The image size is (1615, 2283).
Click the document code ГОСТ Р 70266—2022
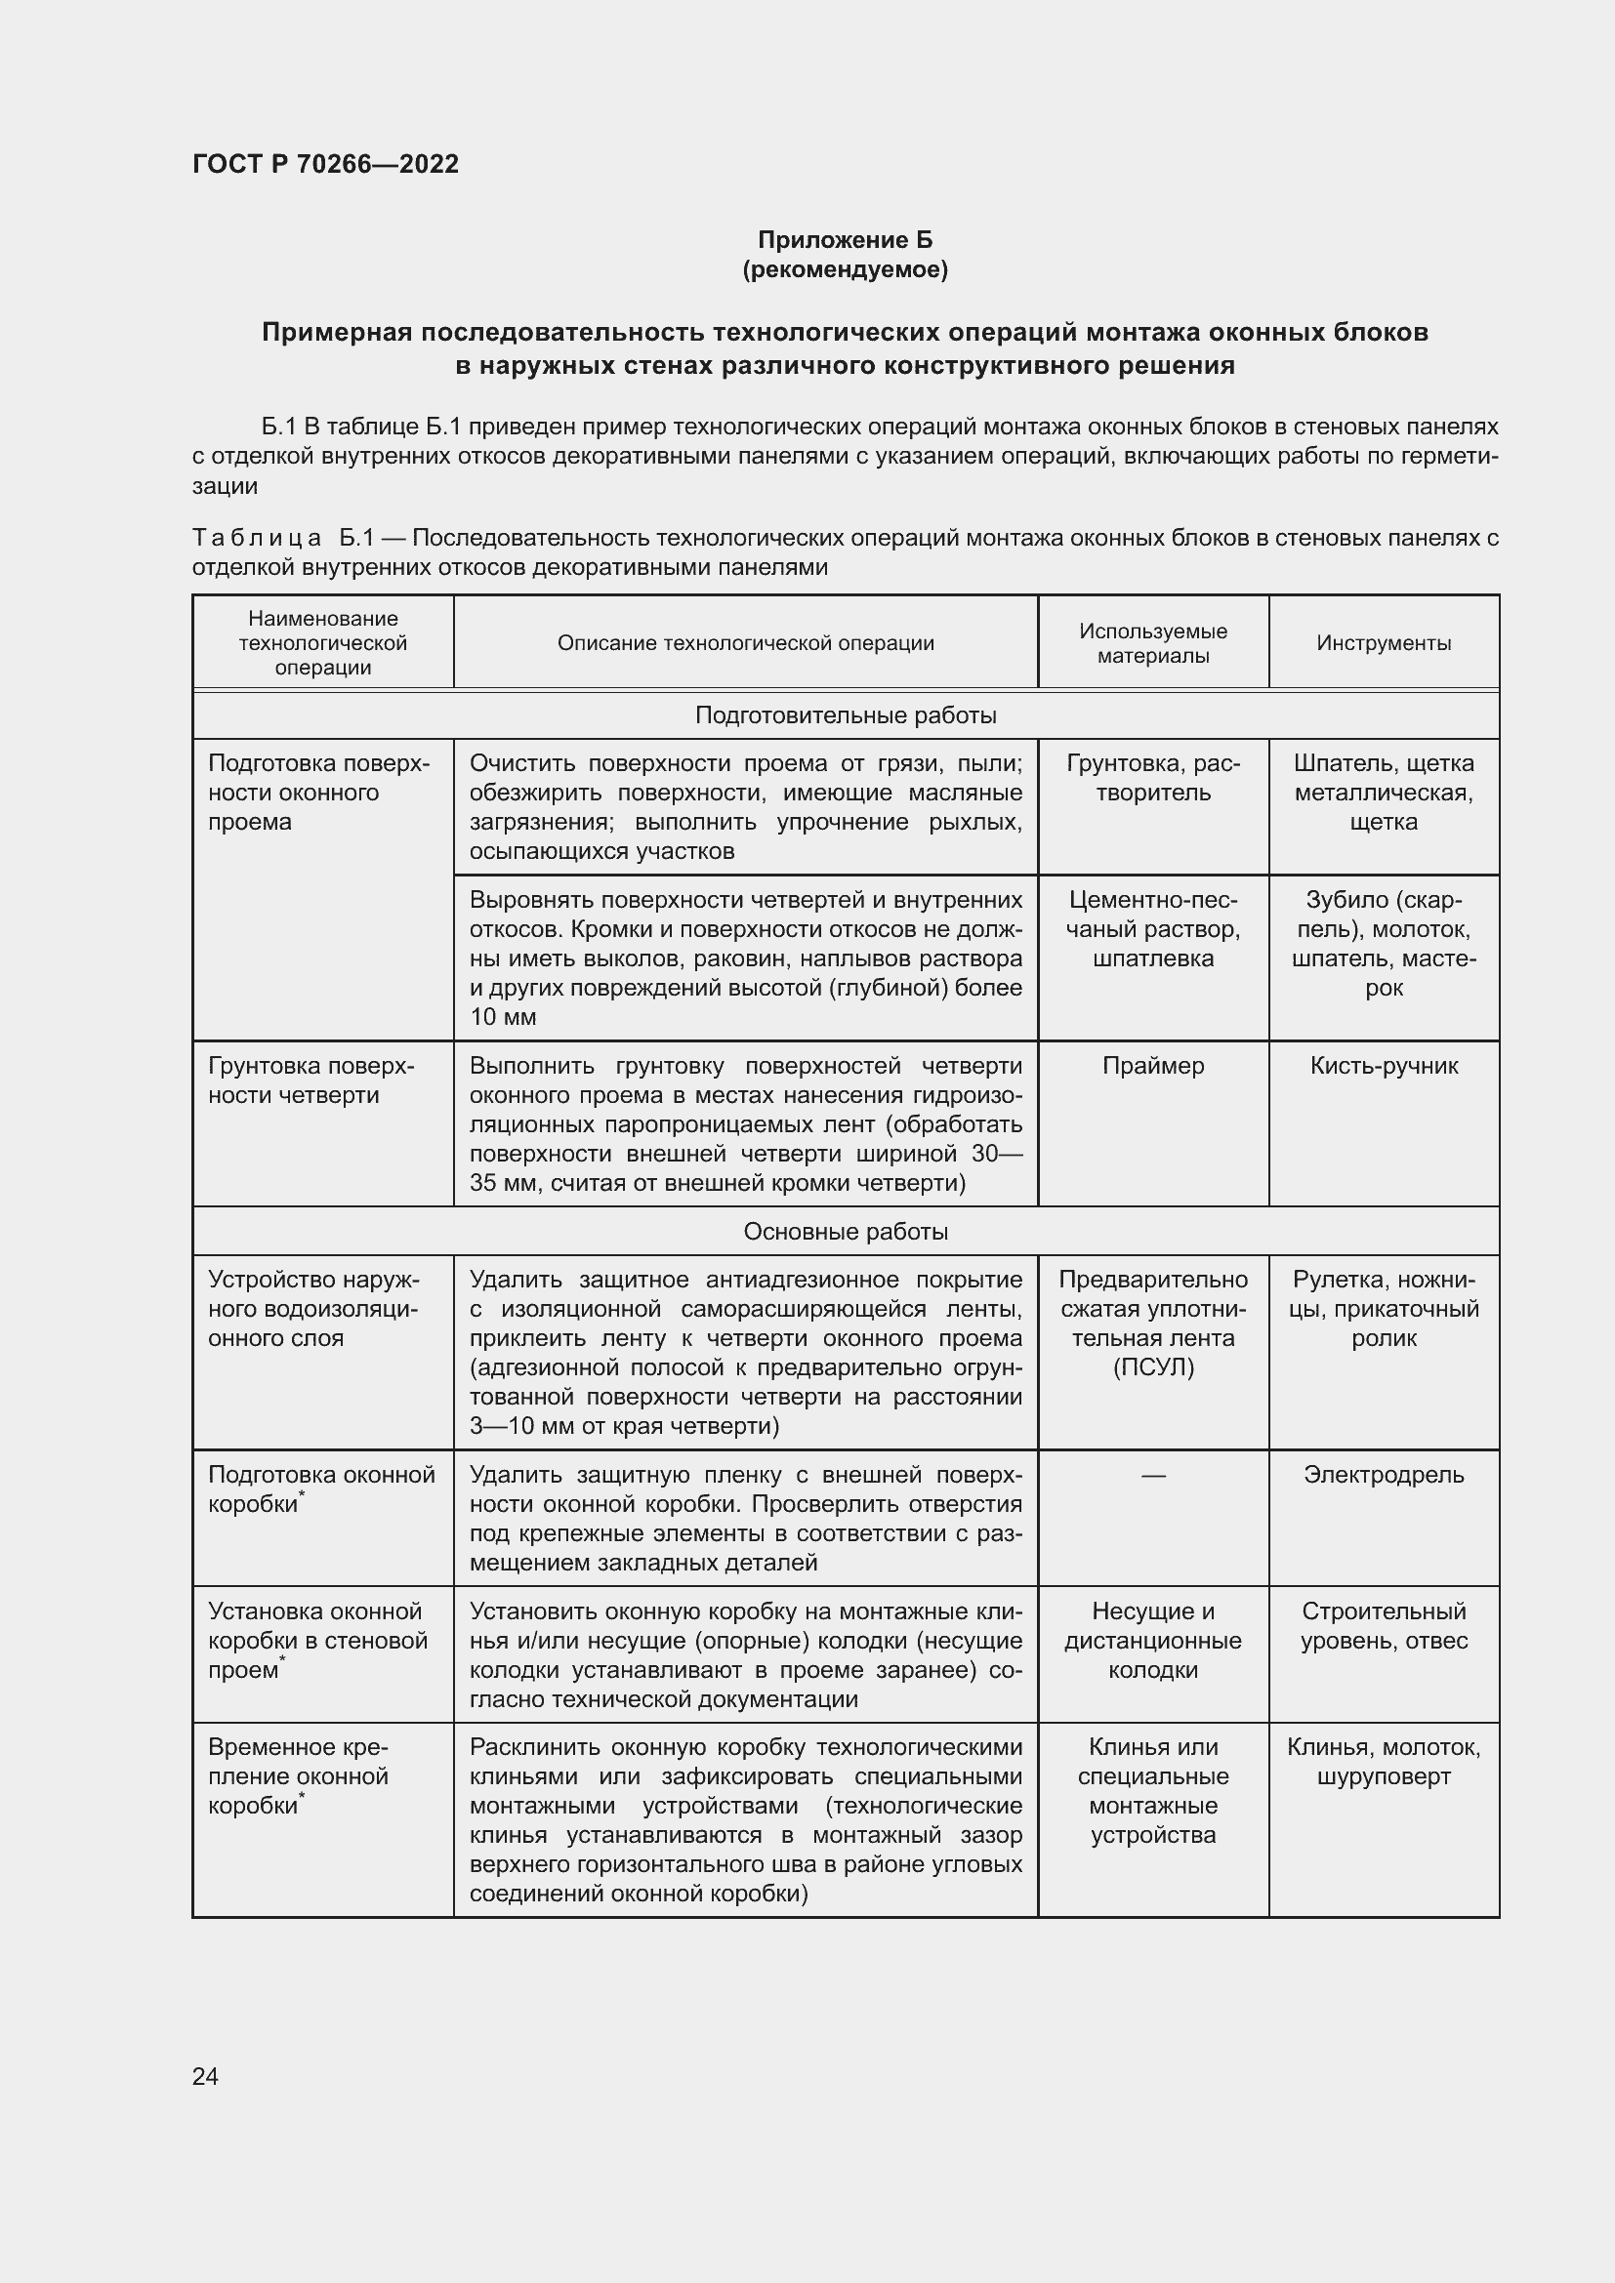[x=325, y=164]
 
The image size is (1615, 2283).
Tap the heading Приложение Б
[x=845, y=240]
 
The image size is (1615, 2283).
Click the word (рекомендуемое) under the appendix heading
[x=845, y=269]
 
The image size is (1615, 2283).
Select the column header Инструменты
[x=1384, y=643]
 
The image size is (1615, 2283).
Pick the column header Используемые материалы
[x=1152, y=643]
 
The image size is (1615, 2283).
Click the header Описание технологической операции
[x=745, y=643]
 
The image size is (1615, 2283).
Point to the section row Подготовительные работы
[x=845, y=715]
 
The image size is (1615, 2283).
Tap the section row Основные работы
[x=845, y=1232]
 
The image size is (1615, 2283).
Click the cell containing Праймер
[x=1152, y=1066]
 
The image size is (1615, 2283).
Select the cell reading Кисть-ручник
[x=1384, y=1066]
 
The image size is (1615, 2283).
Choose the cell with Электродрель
[x=1384, y=1475]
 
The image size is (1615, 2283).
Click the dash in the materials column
[x=1152, y=1476]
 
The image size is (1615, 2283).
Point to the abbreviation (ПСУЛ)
[x=1152, y=1367]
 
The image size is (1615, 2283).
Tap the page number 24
[x=205, y=2076]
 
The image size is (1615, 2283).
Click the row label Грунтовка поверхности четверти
[x=311, y=1080]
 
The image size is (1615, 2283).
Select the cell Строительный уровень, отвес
[x=1384, y=1626]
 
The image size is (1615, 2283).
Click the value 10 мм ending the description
[x=503, y=1017]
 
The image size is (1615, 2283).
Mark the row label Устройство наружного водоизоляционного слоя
[x=313, y=1309]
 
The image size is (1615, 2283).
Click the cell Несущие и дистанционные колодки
[x=1152, y=1641]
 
